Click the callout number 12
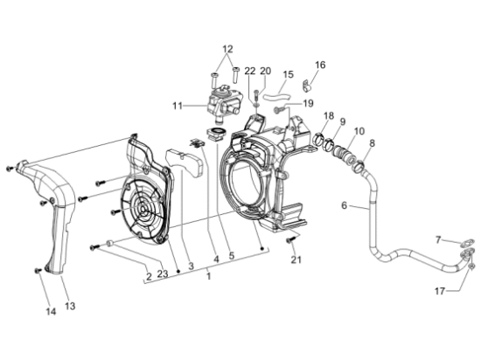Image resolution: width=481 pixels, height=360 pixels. (227, 49)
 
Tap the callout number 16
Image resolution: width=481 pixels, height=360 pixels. (320, 65)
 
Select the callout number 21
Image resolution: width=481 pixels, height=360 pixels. (296, 260)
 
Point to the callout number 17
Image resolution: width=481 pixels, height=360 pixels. (440, 291)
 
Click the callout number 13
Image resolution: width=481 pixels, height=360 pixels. (70, 306)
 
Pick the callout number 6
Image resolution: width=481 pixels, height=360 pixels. (345, 205)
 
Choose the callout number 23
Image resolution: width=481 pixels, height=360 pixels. (163, 273)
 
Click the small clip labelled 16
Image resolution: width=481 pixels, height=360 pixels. (305, 86)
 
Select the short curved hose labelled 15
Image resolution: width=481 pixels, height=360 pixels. (277, 97)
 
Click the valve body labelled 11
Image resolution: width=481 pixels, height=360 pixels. (223, 104)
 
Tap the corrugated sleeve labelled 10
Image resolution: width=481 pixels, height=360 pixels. (345, 153)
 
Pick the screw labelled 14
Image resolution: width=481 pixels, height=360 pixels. (38, 270)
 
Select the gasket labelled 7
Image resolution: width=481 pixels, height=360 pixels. (467, 243)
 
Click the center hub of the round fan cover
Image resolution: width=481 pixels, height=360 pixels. (143, 209)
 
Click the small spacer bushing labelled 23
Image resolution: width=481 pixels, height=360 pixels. (110, 243)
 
